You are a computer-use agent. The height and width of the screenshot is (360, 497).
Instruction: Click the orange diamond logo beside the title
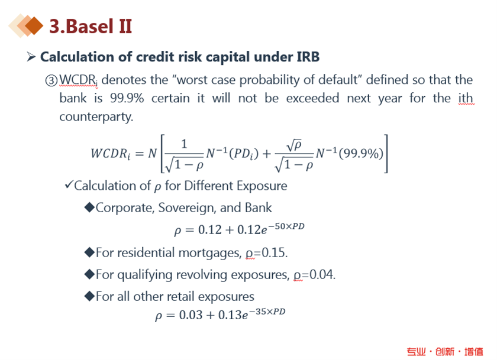[26, 25]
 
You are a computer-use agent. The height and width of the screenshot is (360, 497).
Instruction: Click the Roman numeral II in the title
[125, 26]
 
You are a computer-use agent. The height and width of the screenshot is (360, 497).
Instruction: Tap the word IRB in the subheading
[308, 57]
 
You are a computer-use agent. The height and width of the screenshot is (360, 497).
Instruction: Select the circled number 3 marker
[51, 80]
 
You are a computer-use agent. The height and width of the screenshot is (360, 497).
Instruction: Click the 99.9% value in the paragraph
[127, 98]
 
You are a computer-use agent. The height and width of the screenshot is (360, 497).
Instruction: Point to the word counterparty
[96, 117]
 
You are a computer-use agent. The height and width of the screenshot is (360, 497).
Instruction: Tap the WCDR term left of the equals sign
[110, 154]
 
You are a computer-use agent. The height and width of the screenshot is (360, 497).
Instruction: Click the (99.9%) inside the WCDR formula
[361, 154]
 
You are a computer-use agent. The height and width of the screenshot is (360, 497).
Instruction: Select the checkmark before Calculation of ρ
[69, 184]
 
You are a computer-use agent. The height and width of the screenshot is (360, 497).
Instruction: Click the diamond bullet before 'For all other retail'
[90, 296]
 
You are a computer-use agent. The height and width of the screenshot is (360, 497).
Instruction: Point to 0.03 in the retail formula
[191, 315]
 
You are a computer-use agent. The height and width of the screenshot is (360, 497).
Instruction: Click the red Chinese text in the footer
[445, 352]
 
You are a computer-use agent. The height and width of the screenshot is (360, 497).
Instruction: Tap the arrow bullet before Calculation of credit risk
[31, 57]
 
